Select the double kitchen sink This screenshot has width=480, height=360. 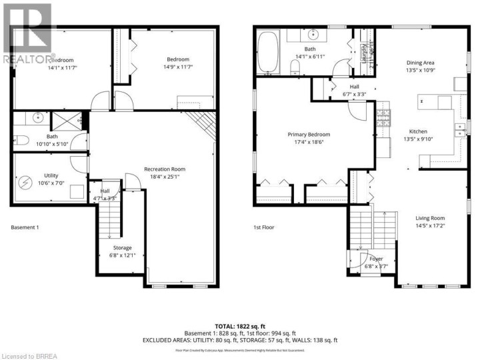(x=459, y=131)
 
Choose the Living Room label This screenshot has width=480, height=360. (x=430, y=218)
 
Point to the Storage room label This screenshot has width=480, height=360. (x=121, y=247)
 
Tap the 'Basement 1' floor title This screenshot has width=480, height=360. (x=25, y=227)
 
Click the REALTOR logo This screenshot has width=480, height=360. (x=27, y=33)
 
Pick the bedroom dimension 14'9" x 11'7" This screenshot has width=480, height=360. (x=177, y=67)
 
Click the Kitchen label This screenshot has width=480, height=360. (x=417, y=131)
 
